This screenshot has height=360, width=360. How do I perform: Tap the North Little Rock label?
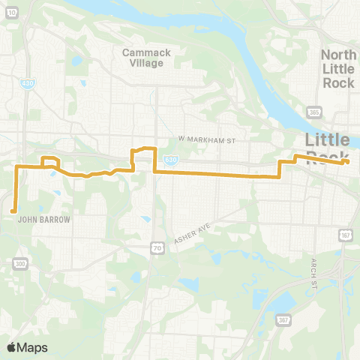point(337,68)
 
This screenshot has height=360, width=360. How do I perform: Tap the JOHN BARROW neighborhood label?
point(43,220)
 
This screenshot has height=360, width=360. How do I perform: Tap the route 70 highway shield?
point(156,246)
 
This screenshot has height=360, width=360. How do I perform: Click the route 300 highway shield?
point(20,264)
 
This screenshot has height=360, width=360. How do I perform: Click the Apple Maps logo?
point(26,347)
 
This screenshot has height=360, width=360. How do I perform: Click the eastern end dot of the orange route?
point(347,160)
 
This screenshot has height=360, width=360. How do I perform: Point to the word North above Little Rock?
point(337,55)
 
